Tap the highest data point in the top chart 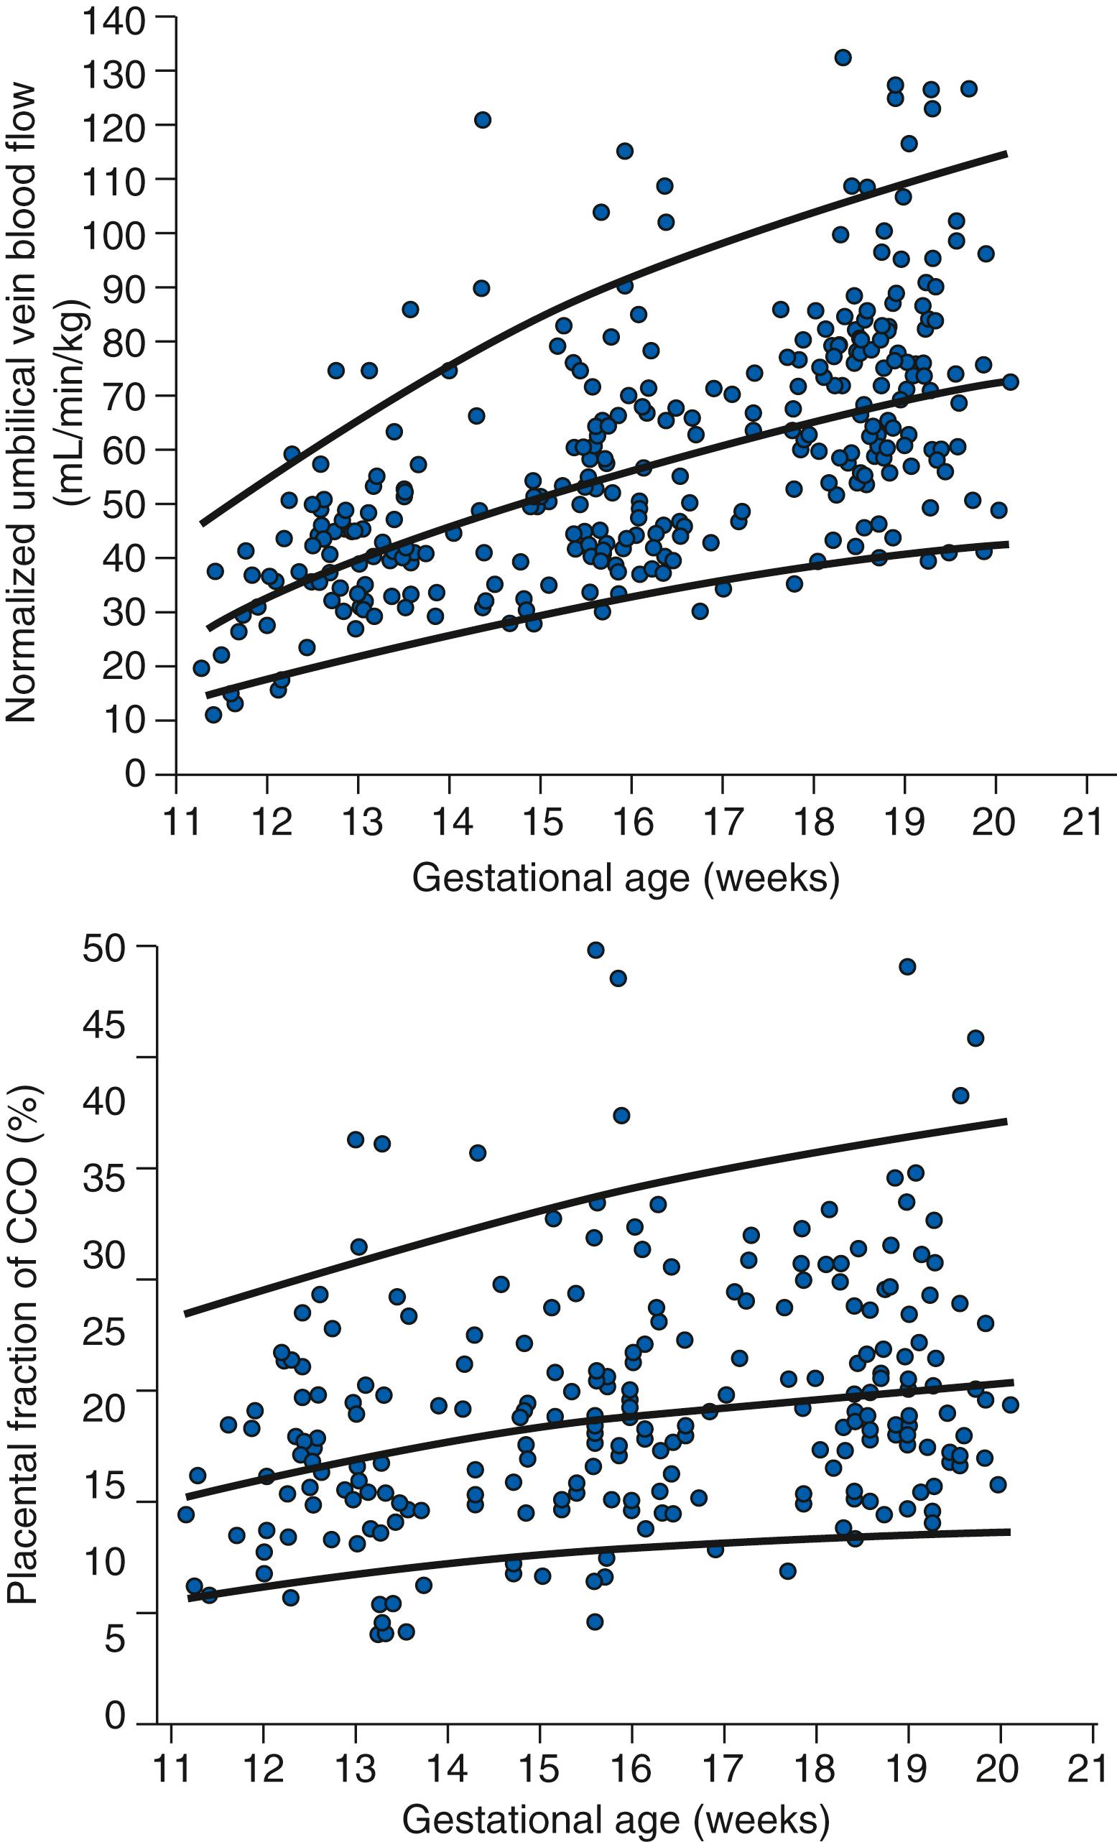point(843,57)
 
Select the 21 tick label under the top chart point(1085,823)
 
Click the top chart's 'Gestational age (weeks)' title point(626,878)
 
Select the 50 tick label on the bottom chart point(104,950)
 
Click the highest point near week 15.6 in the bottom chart point(596,950)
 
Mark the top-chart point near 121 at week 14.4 point(482,119)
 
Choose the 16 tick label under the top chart point(633,823)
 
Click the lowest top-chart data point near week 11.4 point(213,715)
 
